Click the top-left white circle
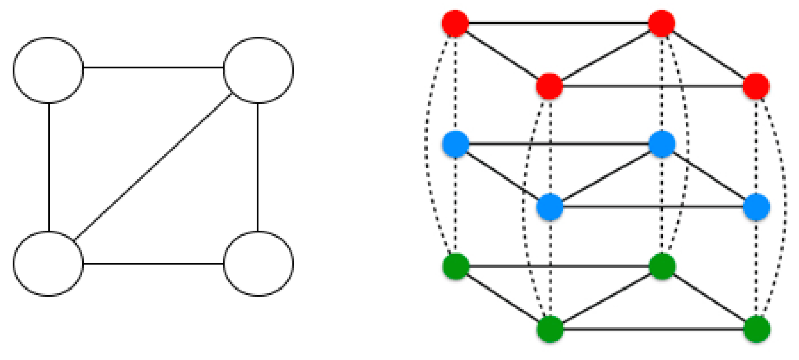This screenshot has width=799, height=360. point(48,69)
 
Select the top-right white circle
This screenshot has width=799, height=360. point(258,69)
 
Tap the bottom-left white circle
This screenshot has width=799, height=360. point(48,263)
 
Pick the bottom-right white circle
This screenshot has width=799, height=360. point(258,263)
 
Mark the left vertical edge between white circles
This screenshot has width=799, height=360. point(49,167)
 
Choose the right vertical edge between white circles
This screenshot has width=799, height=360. point(258,167)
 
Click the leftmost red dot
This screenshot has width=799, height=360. point(455,23)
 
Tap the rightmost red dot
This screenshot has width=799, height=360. point(756,85)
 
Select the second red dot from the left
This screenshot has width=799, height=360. point(549,85)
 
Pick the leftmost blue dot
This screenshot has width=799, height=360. point(455,144)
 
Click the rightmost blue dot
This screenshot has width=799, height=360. point(756,207)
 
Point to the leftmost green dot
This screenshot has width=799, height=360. point(455,266)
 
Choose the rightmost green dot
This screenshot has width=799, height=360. point(756,329)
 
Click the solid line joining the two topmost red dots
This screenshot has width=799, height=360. point(558,23)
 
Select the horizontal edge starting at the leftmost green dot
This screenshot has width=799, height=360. point(558,266)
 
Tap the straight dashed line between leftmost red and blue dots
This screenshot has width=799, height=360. point(456,84)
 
